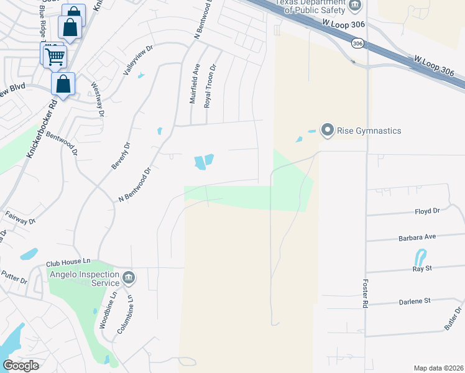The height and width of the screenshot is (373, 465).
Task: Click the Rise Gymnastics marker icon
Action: point(327,130)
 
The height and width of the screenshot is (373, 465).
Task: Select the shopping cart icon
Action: point(55,56)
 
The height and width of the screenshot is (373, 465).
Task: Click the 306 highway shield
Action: point(357,44)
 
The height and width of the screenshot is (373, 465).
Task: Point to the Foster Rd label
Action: point(365,292)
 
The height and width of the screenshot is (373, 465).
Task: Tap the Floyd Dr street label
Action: point(427,211)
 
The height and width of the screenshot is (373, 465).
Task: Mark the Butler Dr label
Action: point(453,318)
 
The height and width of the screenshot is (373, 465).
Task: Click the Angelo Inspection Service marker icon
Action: point(129,277)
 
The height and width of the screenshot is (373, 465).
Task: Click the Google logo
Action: point(21,366)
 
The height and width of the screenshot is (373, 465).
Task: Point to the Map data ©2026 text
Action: point(438,368)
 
